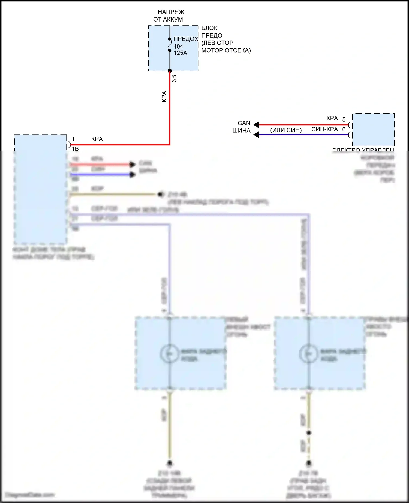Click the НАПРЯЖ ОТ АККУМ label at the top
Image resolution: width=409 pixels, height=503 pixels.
(x=169, y=16)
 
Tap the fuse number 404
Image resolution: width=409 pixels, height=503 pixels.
(x=178, y=46)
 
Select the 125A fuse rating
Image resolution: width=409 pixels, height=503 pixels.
(x=180, y=53)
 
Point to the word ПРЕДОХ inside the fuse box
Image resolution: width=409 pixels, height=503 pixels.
(x=186, y=39)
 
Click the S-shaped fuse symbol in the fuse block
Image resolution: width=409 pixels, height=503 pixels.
(x=170, y=45)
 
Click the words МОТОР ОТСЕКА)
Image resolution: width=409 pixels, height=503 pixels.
(x=226, y=50)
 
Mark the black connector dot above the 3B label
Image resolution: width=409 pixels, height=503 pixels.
(x=170, y=71)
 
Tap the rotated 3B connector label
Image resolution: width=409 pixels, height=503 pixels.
(x=174, y=79)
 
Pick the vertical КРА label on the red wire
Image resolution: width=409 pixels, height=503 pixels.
(x=164, y=97)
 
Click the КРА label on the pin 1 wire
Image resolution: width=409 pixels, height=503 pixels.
(x=97, y=139)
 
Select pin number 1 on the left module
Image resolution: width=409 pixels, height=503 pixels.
(x=73, y=139)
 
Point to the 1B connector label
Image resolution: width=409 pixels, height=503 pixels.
(x=75, y=149)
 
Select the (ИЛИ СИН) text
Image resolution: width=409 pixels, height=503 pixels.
(x=286, y=130)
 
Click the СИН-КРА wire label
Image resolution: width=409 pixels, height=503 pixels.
(x=324, y=129)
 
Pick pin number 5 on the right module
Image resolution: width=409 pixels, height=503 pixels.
(x=344, y=119)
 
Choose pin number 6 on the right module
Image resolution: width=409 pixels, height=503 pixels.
(x=344, y=129)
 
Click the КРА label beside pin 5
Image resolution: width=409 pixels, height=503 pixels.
(x=332, y=118)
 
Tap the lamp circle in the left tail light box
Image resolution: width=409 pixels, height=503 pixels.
(x=169, y=353)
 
